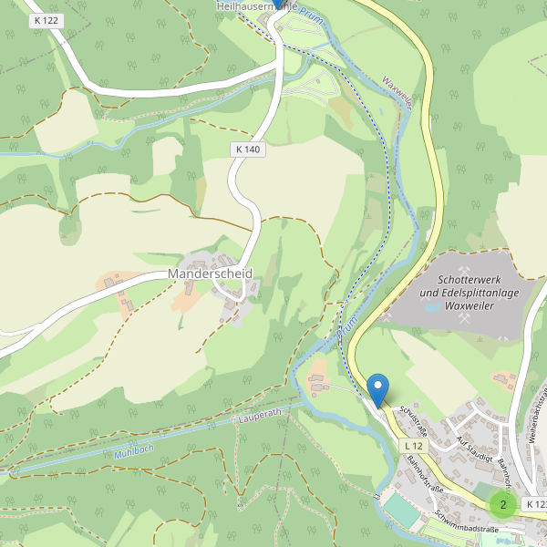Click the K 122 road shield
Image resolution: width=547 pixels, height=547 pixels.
pyautogui.click(x=46, y=20)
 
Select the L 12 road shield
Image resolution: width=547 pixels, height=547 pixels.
pyautogui.click(x=411, y=445)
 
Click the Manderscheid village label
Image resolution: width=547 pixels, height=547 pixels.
pyautogui.click(x=210, y=273)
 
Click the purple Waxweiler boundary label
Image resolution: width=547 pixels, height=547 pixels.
pyautogui.click(x=398, y=92)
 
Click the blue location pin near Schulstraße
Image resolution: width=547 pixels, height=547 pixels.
pyautogui.click(x=377, y=390)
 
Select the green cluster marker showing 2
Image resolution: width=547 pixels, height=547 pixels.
pyautogui.click(x=502, y=504)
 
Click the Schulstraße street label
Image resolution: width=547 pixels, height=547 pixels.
pyautogui.click(x=414, y=420)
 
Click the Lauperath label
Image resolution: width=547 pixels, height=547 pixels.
pyautogui.click(x=258, y=416)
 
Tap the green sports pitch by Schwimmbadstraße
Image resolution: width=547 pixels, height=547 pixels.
pyautogui.click(x=402, y=508)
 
